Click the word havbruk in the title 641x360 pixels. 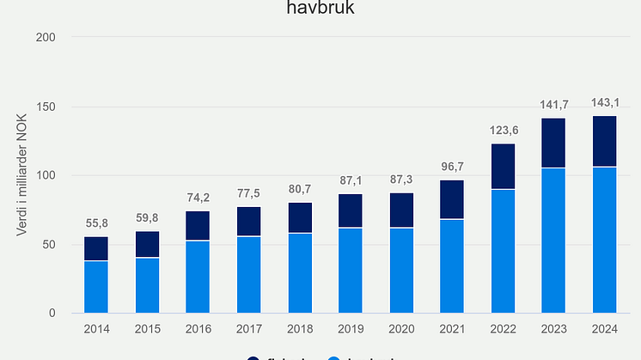pos(320,9)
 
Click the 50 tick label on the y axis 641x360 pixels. pos(50,244)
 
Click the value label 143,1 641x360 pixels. pos(604,102)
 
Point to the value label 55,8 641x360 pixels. pos(96,223)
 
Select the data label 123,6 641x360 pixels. pos(503,130)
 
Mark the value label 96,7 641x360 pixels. pos(452,167)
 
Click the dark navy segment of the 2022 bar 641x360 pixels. pos(503,167)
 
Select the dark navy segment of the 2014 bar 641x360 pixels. pos(96,248)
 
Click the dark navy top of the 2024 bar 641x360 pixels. pos(604,141)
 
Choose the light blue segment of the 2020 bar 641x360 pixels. pos(401,270)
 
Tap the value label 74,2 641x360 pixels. pos(198,198)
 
